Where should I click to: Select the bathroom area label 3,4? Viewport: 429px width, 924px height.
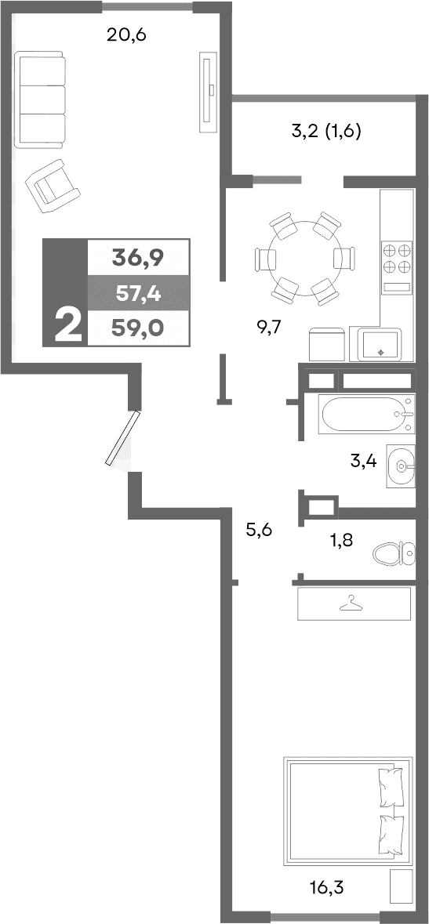(x=363, y=461)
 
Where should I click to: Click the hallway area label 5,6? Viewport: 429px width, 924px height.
(x=259, y=531)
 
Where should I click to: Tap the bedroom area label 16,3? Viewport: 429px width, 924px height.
(x=327, y=888)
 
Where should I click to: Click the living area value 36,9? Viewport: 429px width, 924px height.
(x=138, y=256)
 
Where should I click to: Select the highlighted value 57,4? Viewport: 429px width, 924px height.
(x=138, y=295)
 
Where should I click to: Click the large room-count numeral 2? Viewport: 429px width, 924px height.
(x=68, y=326)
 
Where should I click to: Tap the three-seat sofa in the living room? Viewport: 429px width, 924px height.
(x=40, y=100)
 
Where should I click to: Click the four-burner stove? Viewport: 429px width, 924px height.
(x=397, y=259)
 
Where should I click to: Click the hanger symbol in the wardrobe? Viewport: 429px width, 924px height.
(x=352, y=603)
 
